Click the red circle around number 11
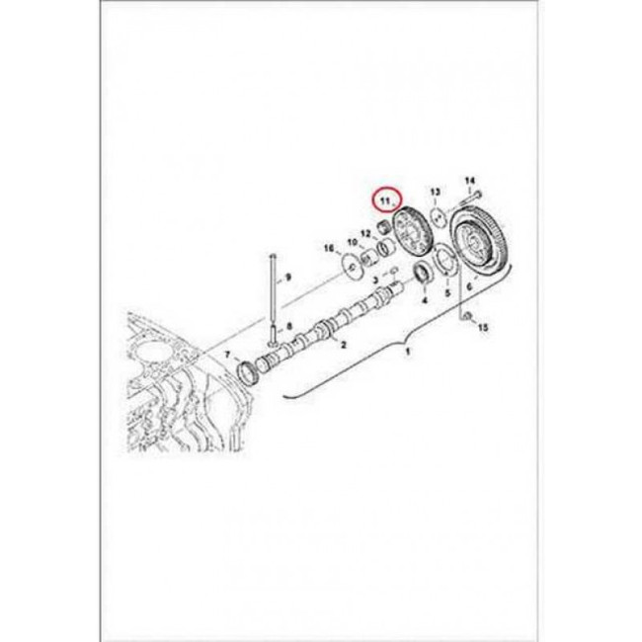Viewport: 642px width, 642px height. (381, 201)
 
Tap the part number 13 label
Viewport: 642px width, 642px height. (435, 191)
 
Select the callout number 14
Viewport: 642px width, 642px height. (470, 180)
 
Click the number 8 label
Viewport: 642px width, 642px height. (289, 326)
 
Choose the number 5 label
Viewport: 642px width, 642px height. (446, 293)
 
